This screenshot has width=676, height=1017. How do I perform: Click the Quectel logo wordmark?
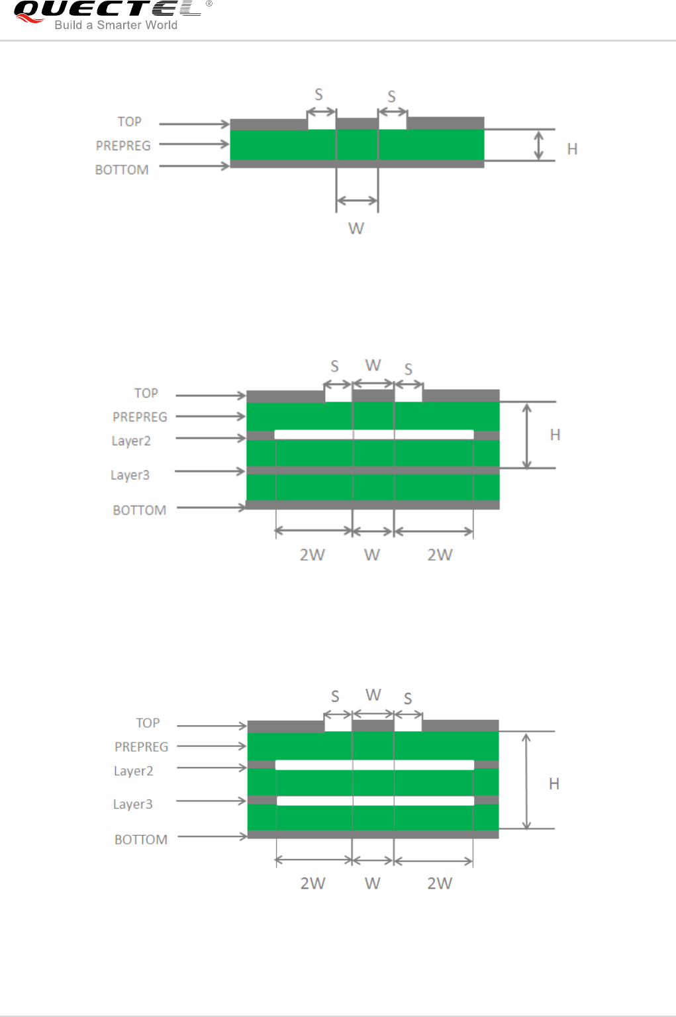coord(108,9)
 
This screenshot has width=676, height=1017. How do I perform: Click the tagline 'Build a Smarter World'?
coord(116,25)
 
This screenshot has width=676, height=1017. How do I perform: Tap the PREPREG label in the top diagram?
coord(123,146)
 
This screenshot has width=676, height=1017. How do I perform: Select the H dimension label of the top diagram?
coord(573,149)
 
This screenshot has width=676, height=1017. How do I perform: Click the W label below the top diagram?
coord(356,228)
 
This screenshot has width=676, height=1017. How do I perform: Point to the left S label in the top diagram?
coord(319,95)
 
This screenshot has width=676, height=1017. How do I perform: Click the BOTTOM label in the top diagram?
coord(122,170)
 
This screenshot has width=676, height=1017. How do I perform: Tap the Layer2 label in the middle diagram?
coord(131,441)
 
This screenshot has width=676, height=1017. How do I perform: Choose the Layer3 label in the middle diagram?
coord(130,475)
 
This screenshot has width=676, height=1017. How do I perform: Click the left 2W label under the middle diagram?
coord(312,554)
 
